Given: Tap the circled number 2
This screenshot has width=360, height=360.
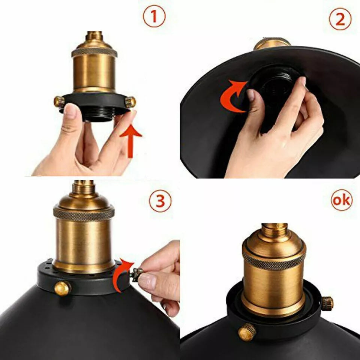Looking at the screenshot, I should click(340, 19).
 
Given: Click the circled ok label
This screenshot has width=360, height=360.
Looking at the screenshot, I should click(342, 200).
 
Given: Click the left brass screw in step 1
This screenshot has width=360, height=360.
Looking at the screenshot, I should click(59, 100).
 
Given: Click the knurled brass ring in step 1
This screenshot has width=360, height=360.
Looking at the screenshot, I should click(94, 51).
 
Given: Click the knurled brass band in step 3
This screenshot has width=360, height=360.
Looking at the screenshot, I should click(84, 213).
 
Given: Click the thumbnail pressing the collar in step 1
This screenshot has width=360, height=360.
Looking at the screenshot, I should click(70, 111).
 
